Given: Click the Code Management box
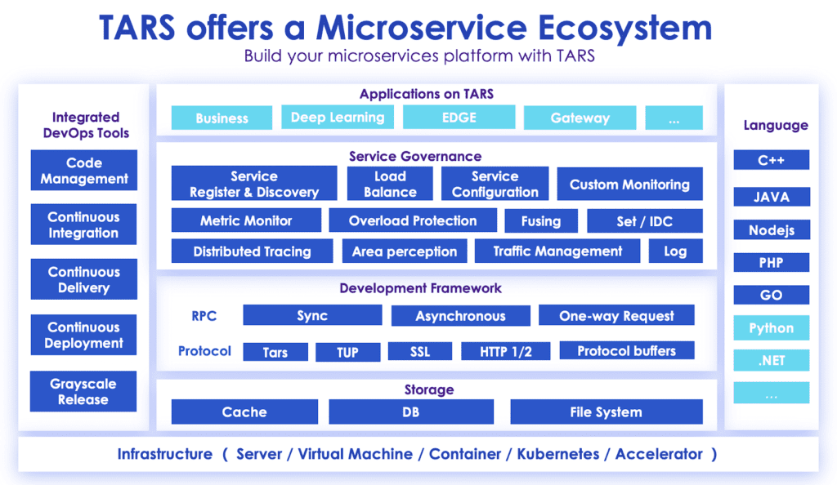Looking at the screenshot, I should [x=83, y=171].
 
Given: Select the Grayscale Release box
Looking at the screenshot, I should [x=83, y=391].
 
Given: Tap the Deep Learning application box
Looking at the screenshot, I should [x=338, y=118].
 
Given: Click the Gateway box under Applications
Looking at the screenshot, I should [x=580, y=118].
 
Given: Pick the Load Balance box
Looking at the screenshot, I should [x=390, y=184].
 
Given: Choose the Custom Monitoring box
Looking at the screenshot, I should [x=629, y=185].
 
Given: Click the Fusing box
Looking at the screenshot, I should [x=541, y=220].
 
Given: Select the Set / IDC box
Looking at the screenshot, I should [x=645, y=220].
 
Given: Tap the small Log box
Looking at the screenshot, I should [x=675, y=251].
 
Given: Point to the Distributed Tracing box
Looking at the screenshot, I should [x=252, y=251].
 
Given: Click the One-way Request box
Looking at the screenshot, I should [x=616, y=316].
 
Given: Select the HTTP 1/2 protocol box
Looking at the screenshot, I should [x=506, y=351].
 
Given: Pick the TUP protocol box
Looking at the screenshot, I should [x=348, y=352].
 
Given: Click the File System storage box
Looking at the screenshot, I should [x=606, y=412].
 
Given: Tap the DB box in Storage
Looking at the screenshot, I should [x=410, y=412].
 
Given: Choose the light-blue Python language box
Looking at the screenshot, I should [x=771, y=328].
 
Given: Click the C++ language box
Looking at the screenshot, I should [x=771, y=160].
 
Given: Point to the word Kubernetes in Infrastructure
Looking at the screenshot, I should [x=561, y=454].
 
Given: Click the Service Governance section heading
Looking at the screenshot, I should [x=415, y=156].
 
